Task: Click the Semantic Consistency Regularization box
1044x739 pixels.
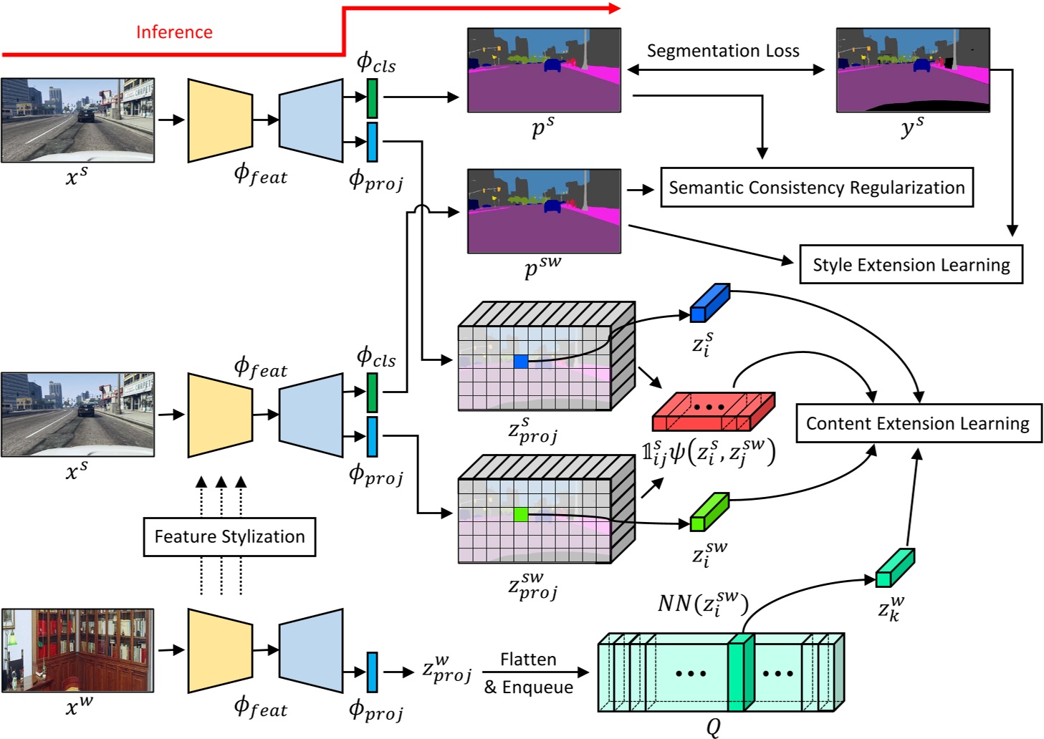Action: [816, 188]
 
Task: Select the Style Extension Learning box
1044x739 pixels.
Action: [911, 265]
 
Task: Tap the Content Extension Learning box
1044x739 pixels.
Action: [918, 423]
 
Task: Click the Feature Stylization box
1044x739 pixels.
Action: [229, 536]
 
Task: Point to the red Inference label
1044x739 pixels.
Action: [174, 32]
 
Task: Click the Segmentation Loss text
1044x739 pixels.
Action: [722, 51]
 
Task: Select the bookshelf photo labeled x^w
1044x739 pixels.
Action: [77, 650]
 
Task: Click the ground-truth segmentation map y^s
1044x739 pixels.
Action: [912, 70]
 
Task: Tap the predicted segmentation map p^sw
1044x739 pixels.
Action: [544, 211]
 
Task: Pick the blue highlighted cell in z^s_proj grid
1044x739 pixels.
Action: [521, 362]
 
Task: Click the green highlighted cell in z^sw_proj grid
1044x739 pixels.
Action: [521, 514]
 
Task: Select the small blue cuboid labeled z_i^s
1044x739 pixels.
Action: [709, 304]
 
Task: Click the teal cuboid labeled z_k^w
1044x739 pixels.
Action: [894, 568]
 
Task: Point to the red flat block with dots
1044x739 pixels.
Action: [712, 411]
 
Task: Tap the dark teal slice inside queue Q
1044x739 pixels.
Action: [739, 673]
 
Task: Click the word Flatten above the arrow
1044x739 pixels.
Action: [528, 659]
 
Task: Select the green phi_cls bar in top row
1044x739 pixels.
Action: [372, 98]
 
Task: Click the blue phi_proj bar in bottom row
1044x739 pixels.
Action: [372, 672]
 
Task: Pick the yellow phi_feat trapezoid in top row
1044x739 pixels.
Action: [220, 120]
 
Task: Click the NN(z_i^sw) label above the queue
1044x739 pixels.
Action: [702, 603]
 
